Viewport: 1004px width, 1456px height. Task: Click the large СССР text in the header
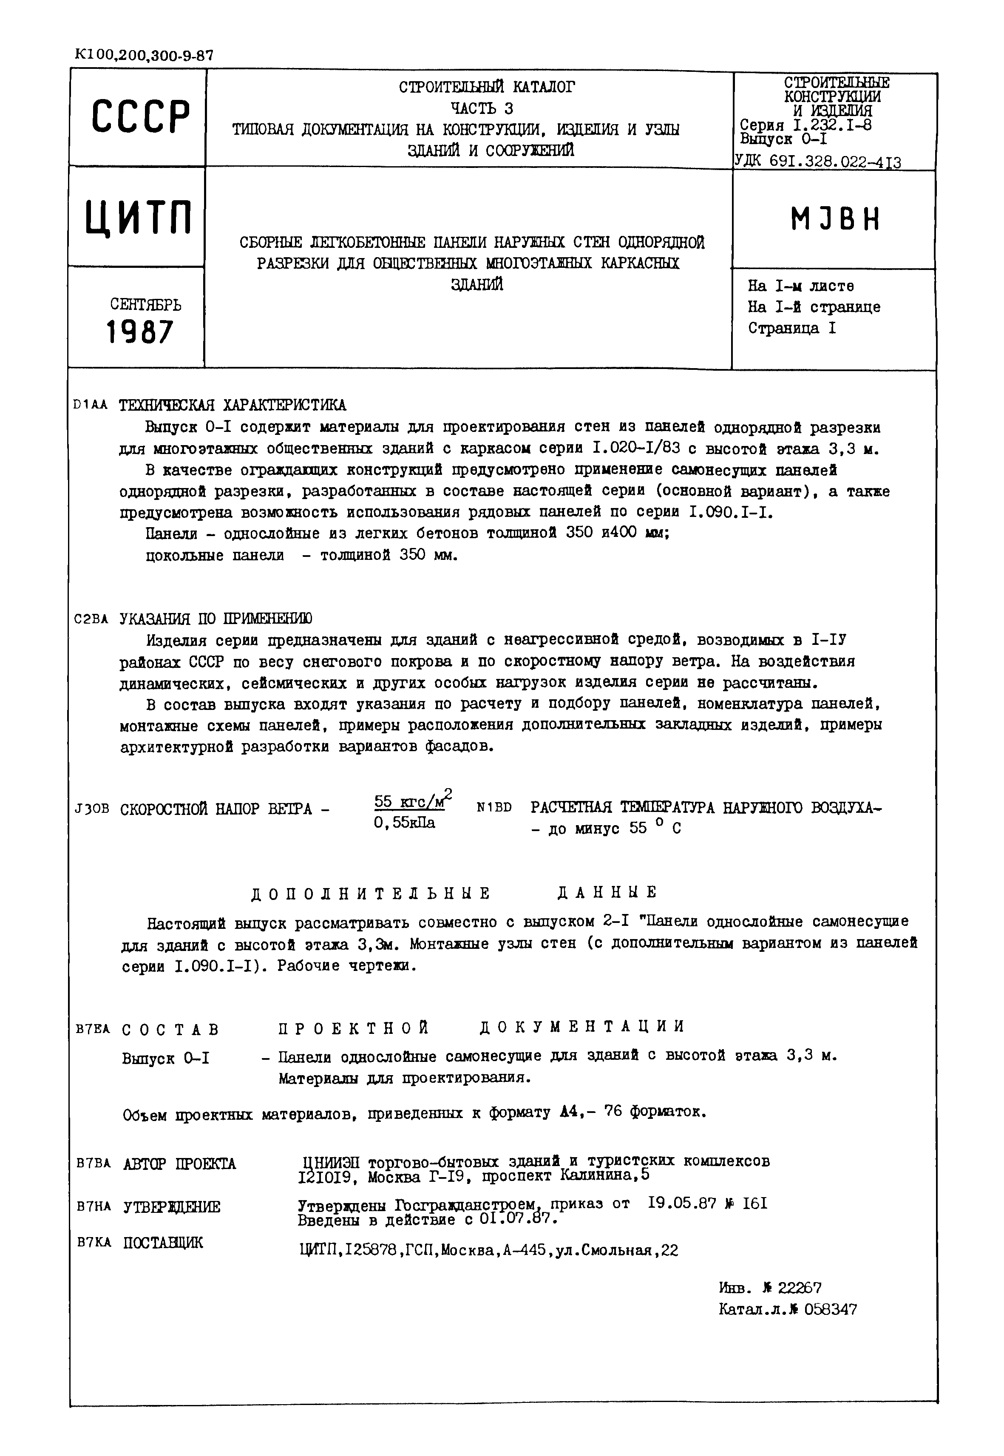tap(140, 117)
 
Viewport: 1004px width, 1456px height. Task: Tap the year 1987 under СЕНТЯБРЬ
tap(140, 332)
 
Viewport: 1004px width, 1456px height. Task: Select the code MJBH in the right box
tap(835, 220)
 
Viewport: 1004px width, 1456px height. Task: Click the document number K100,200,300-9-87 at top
tap(143, 55)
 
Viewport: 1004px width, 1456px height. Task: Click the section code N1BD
tap(494, 807)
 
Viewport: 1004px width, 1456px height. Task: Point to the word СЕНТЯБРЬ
tap(145, 304)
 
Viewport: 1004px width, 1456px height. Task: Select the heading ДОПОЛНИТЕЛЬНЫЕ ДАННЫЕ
tap(454, 893)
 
